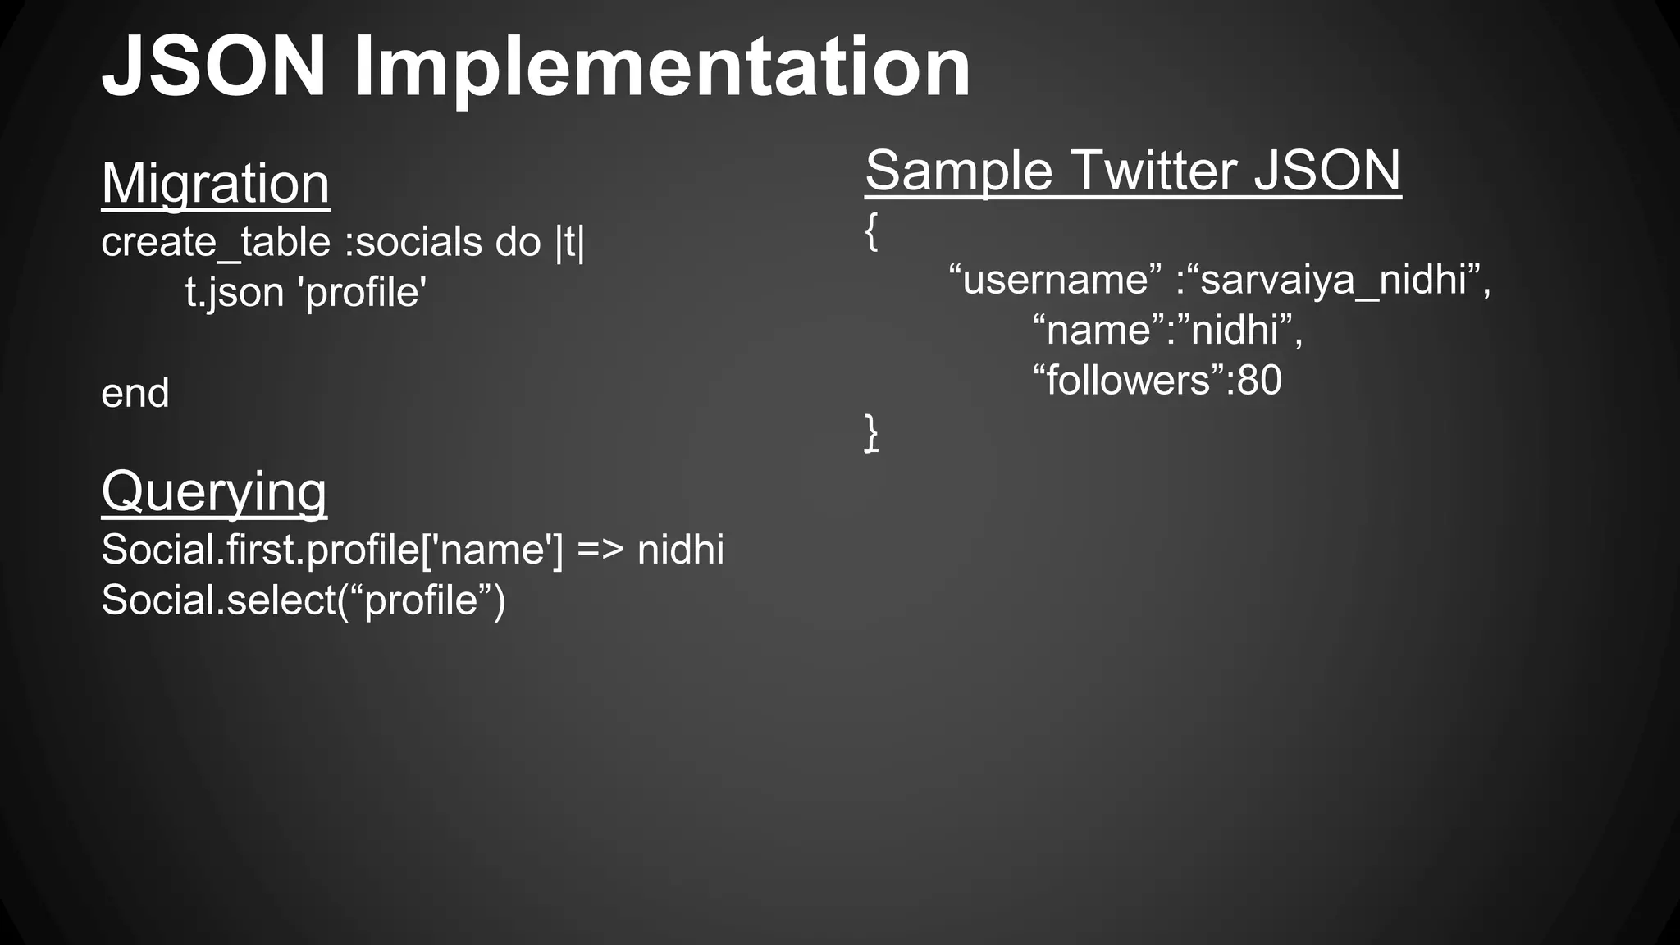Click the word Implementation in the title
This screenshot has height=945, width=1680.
(x=661, y=71)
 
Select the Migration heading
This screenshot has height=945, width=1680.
(x=215, y=183)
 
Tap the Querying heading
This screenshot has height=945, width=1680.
(x=213, y=491)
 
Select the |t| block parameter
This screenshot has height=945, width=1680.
(x=570, y=243)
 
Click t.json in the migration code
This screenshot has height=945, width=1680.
(x=235, y=293)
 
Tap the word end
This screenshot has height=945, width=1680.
(x=135, y=394)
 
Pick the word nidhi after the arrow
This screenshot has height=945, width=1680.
(x=681, y=550)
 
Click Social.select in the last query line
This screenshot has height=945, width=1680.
(x=217, y=600)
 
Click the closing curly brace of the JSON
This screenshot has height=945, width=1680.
(x=871, y=432)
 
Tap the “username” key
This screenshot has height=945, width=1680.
(x=1055, y=280)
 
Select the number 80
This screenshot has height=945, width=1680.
(x=1259, y=381)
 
